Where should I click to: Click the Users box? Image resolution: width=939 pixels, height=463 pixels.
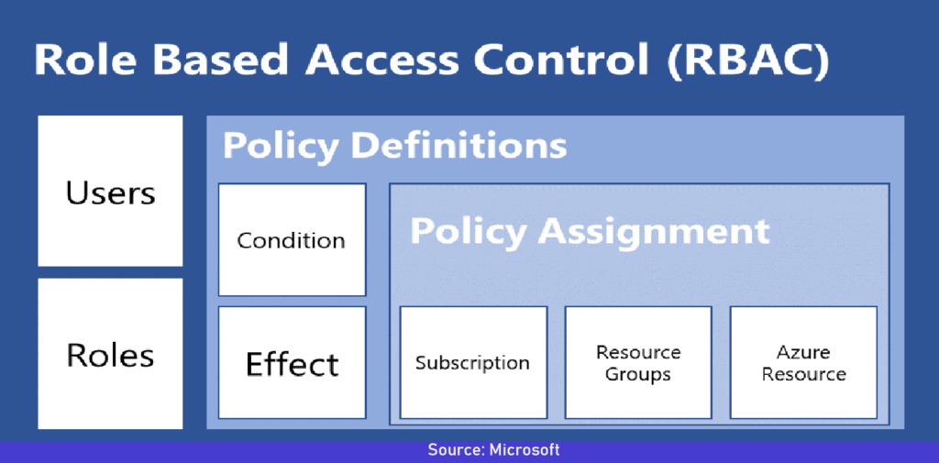(110, 192)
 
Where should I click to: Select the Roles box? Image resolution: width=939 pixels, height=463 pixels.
(110, 355)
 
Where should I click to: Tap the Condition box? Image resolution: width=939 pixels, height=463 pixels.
(292, 240)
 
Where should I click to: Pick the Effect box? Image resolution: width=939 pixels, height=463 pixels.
(292, 364)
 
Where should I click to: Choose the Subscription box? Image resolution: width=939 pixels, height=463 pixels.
(472, 362)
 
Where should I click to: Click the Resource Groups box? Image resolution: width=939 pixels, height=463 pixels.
(638, 362)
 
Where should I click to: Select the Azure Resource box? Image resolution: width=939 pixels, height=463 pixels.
(803, 362)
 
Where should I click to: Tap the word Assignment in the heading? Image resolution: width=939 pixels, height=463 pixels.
(654, 230)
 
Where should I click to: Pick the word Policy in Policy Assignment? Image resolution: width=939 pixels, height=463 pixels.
(468, 230)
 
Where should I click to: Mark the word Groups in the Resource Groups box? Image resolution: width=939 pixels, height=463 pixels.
(638, 374)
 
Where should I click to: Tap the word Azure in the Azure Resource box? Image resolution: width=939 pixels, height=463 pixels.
(803, 352)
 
